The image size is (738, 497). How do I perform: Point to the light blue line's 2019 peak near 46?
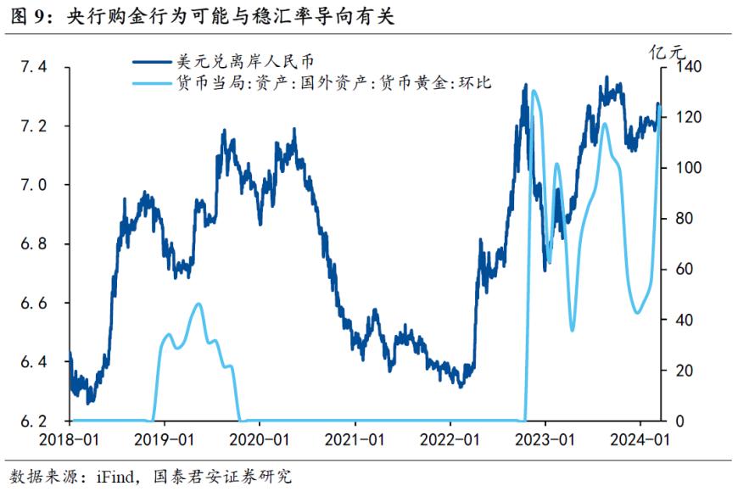[x=198, y=304]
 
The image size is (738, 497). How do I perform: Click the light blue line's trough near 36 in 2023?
[x=573, y=329]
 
